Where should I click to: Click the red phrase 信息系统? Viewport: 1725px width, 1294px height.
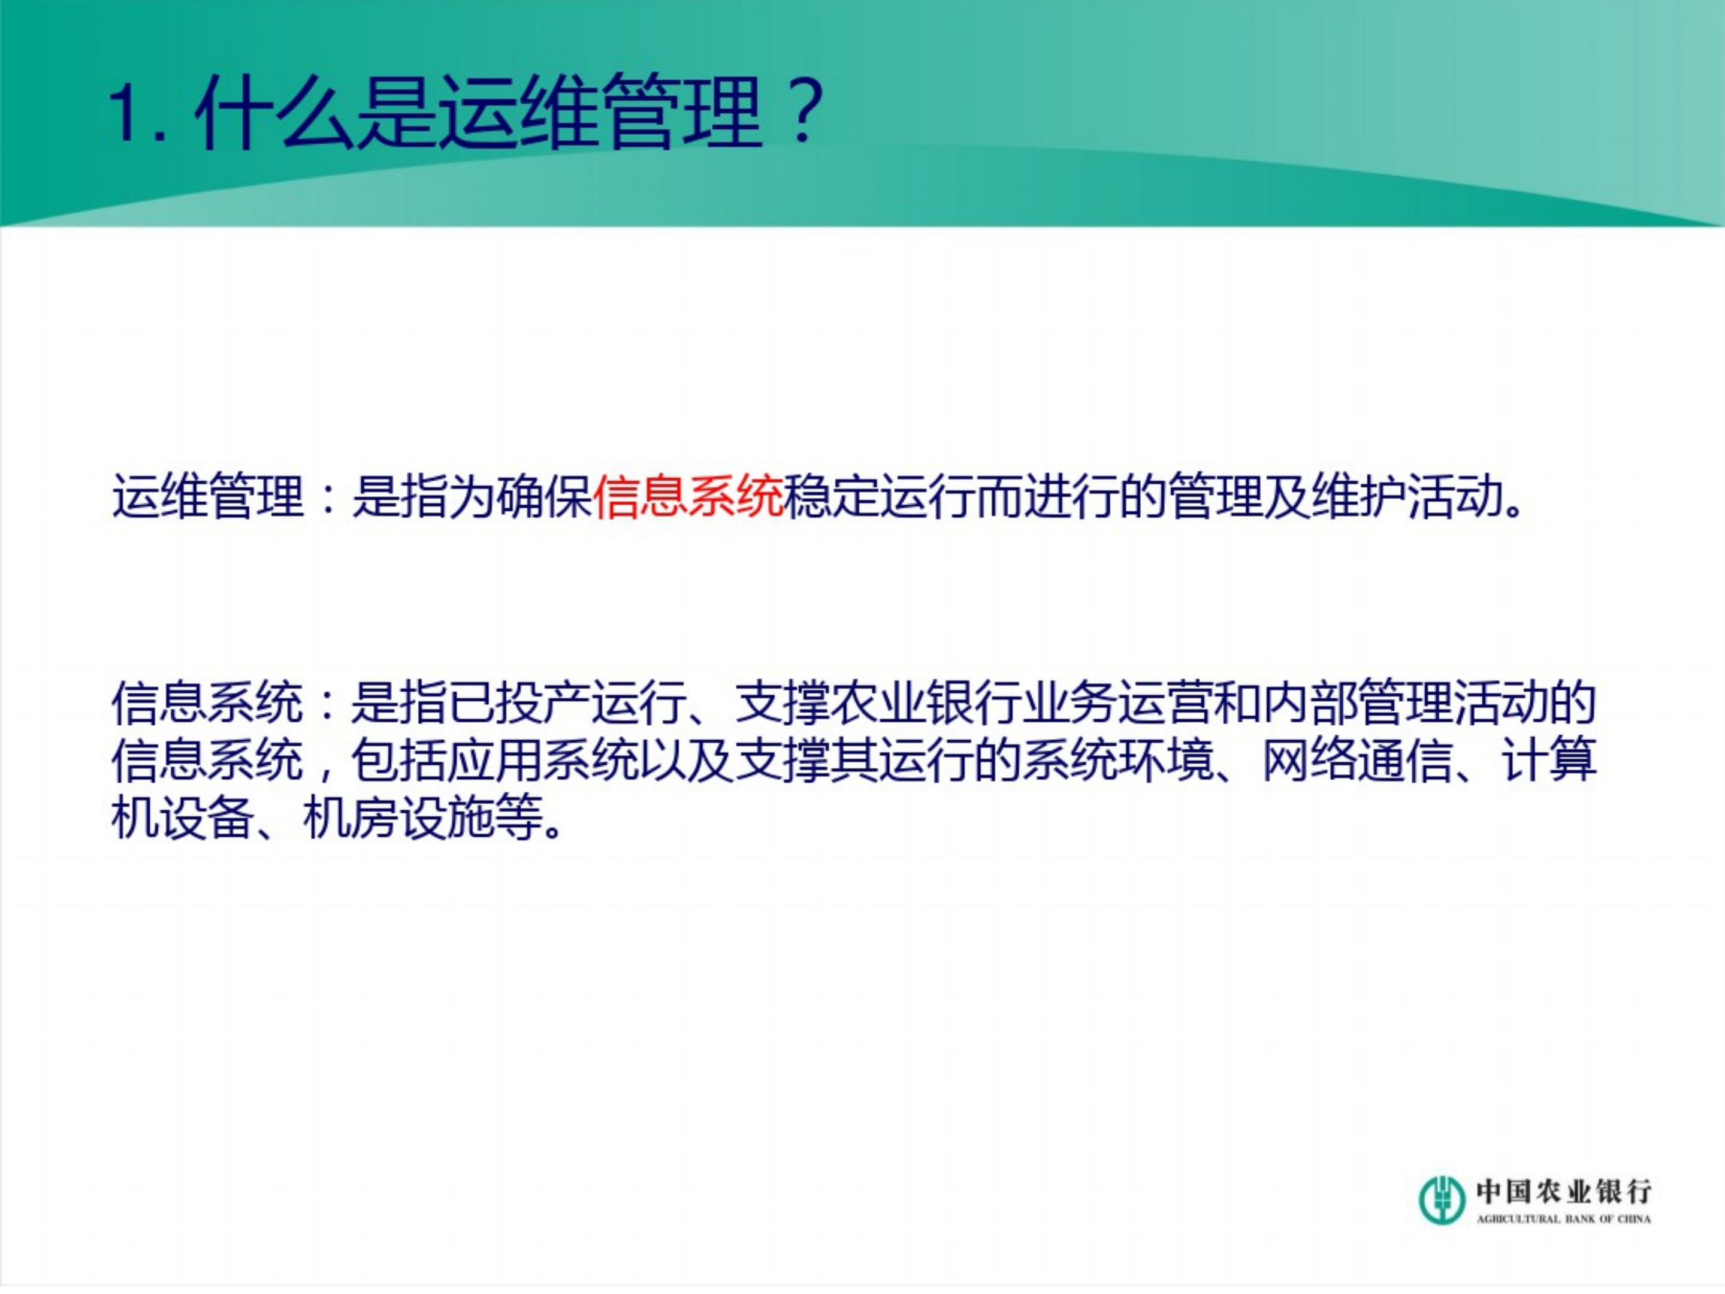click(x=688, y=496)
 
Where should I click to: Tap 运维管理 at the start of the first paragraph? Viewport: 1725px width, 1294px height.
click(x=207, y=496)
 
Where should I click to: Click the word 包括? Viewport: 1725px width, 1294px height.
click(x=399, y=761)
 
